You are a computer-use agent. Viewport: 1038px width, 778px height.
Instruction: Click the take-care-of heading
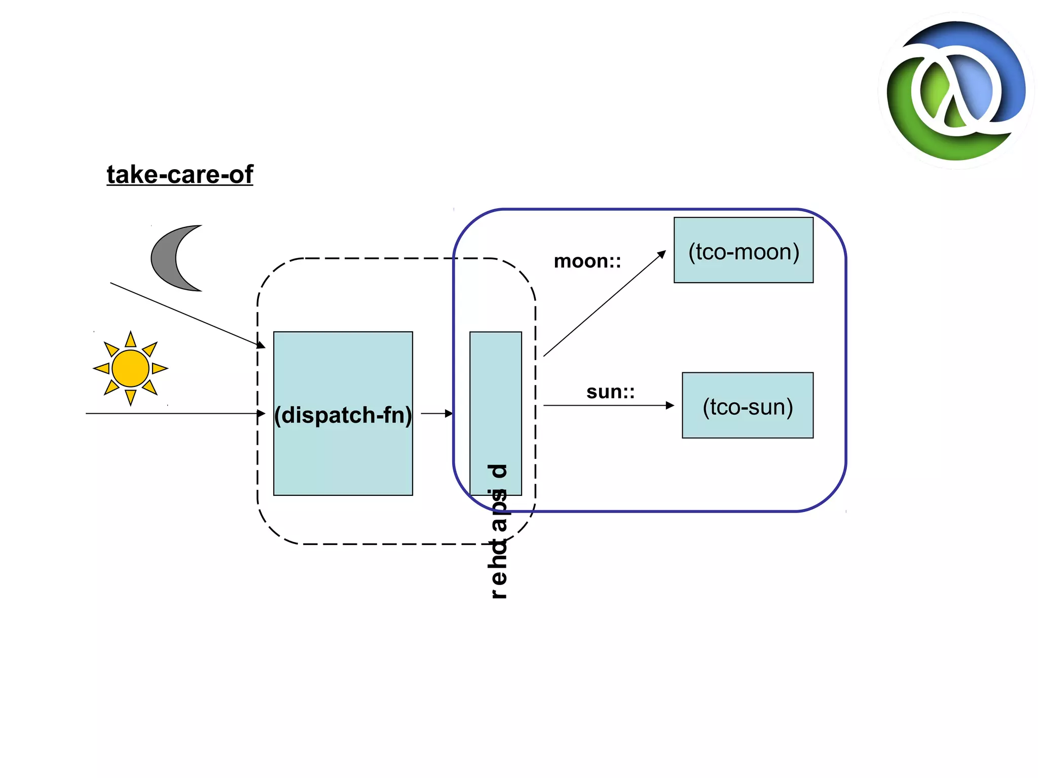179,175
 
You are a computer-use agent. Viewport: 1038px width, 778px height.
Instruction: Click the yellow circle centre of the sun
130,368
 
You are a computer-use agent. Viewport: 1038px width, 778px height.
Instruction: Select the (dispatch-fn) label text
343,415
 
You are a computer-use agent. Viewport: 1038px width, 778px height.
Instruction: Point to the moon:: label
587,261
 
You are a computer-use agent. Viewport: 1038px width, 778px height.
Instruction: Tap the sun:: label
610,392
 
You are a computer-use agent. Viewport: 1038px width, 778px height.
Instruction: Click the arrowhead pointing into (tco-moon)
661,254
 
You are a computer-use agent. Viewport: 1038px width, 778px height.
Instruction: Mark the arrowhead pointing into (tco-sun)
670,405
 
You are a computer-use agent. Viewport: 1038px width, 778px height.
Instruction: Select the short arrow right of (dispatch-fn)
436,413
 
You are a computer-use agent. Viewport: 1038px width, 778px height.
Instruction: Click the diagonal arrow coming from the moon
188,315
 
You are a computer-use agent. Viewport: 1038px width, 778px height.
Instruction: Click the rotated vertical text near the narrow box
498,532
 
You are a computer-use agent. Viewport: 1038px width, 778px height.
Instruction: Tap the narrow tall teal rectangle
495,395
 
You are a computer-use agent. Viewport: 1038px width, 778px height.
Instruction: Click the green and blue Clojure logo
956,91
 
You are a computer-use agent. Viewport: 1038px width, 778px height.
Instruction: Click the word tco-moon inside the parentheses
744,252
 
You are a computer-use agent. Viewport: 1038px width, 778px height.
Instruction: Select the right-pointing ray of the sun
160,368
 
